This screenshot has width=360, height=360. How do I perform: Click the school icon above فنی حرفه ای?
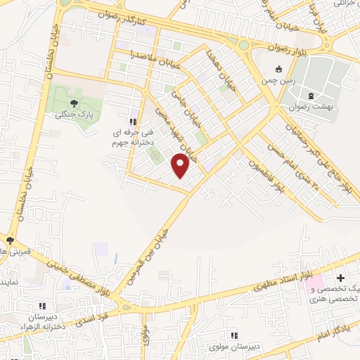point(134,122)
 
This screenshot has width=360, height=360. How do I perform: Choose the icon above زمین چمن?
point(279,70)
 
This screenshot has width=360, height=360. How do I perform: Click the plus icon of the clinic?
point(341,279)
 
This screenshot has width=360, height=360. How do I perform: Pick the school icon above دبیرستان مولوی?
point(235,336)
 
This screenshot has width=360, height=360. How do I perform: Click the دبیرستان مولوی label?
point(235,347)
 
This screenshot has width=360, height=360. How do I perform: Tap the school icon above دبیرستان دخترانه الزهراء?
point(43,306)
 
